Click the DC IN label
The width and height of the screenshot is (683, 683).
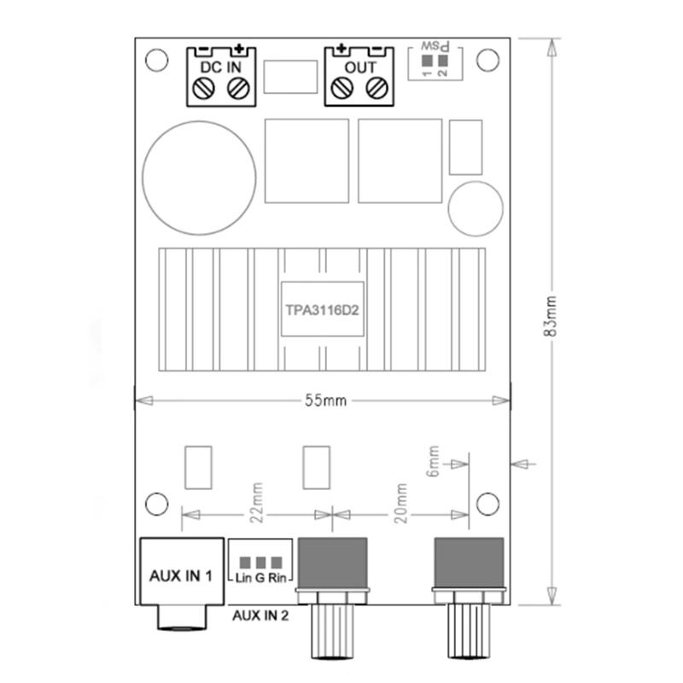click(x=220, y=67)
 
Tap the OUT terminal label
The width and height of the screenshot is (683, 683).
click(x=359, y=67)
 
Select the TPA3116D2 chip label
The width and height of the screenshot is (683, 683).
click(x=323, y=310)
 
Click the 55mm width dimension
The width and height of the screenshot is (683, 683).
click(x=326, y=400)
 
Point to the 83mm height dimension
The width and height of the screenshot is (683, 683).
click(x=551, y=316)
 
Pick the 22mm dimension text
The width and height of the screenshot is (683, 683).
click(x=257, y=502)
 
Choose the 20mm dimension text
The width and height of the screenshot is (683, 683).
click(x=400, y=503)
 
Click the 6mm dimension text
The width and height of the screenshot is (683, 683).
click(x=434, y=461)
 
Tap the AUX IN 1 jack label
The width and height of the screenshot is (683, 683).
click(x=181, y=575)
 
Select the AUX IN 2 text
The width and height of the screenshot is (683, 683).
click(x=260, y=616)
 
